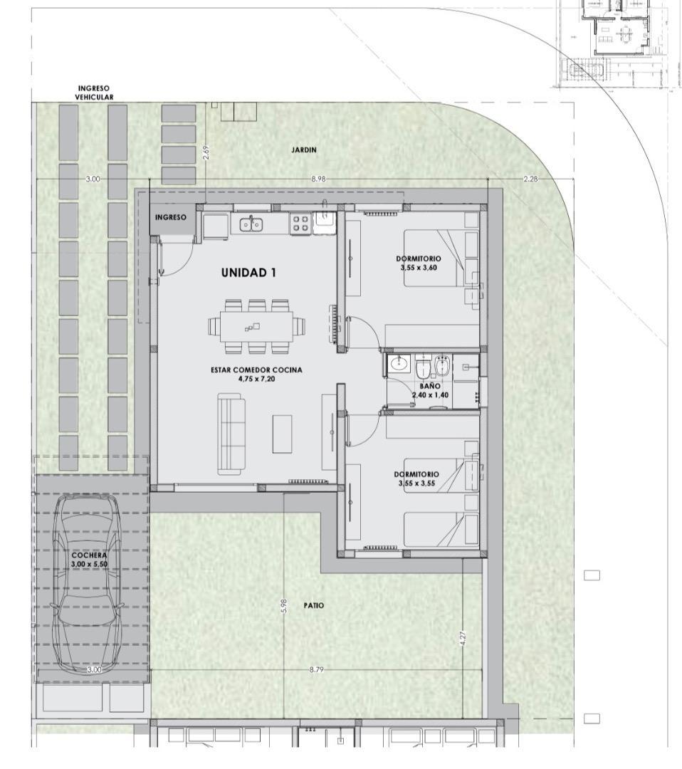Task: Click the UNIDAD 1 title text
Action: coord(248,272)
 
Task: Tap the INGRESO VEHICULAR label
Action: coord(94,93)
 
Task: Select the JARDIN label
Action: coord(303,150)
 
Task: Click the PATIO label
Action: coord(313,605)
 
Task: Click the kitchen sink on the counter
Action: coord(250,224)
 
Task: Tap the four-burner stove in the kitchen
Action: coord(299,224)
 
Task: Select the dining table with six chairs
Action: coord(256,326)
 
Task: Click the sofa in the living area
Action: coord(231,436)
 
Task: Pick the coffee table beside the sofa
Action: coord(282,433)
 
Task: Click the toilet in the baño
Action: coord(422,368)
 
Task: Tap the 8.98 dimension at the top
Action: coord(318,179)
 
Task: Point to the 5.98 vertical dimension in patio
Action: coord(284,606)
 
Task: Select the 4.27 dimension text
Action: coord(463,639)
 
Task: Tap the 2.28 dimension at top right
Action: coord(530,179)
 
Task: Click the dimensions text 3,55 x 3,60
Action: coord(419,268)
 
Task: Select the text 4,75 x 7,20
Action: coord(256,379)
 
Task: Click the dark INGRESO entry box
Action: coord(170,218)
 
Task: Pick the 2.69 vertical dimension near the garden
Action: coord(206,153)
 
